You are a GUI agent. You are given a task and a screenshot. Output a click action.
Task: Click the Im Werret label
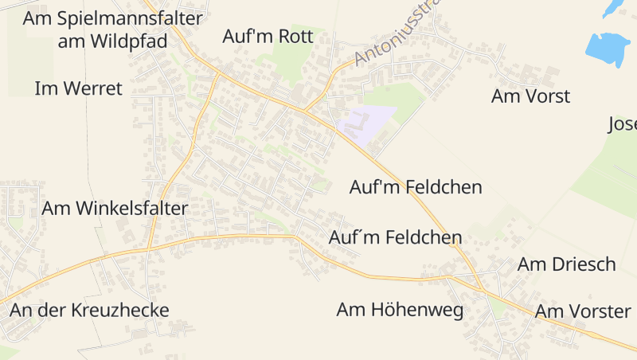[x=79, y=88]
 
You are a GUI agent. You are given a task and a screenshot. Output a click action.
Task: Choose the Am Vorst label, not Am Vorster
[x=530, y=96]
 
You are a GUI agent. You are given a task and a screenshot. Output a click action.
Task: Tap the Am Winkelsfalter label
[x=115, y=209]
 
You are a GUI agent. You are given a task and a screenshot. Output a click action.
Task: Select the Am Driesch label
[x=567, y=264]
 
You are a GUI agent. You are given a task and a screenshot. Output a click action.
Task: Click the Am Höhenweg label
[x=400, y=310]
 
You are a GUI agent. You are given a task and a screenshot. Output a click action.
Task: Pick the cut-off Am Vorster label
[x=583, y=311]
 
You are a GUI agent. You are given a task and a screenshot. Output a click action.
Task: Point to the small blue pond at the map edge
[x=614, y=7]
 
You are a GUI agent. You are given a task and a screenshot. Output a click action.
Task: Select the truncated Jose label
[x=622, y=124]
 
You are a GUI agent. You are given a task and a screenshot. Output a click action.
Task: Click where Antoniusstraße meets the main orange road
[x=305, y=110]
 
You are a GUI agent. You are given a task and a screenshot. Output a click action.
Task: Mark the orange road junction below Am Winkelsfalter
[x=148, y=249]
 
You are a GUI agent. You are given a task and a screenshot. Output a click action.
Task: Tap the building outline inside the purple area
[x=357, y=123]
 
